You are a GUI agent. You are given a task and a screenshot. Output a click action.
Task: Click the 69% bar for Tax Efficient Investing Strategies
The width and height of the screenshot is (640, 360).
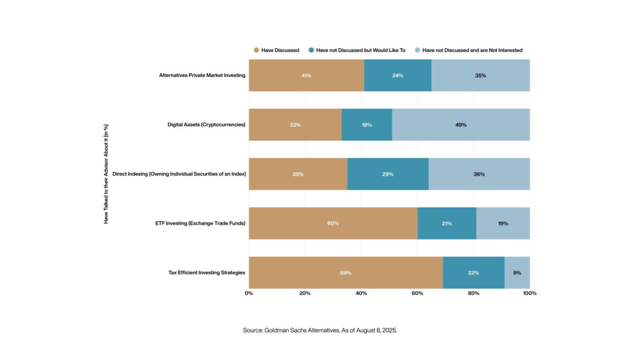click(x=346, y=272)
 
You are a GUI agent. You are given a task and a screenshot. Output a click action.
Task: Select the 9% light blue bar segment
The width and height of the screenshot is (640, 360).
click(x=517, y=272)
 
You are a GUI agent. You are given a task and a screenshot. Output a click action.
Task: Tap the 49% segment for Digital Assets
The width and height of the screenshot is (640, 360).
click(x=461, y=124)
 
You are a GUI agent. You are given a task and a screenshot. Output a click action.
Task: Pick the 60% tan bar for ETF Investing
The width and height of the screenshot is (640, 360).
click(x=333, y=223)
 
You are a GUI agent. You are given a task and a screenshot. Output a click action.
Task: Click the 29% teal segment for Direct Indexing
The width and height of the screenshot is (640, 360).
click(x=387, y=174)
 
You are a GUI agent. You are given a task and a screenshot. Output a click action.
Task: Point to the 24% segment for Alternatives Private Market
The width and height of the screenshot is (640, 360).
click(x=397, y=75)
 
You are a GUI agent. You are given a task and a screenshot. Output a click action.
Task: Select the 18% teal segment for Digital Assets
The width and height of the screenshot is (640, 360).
click(x=367, y=124)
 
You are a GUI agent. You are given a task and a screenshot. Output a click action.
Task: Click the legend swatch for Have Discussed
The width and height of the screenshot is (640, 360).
click(x=256, y=49)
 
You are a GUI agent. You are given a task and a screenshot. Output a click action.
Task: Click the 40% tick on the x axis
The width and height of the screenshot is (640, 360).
click(x=361, y=292)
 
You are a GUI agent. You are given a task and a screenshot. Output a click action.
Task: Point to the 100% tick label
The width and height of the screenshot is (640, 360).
click(x=529, y=292)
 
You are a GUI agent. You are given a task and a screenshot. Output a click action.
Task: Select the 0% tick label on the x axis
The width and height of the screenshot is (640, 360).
click(x=249, y=292)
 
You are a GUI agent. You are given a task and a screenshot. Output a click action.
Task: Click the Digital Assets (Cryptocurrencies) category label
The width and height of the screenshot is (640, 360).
click(x=202, y=124)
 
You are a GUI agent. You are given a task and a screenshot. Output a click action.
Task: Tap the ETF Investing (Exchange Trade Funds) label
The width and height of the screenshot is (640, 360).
click(x=199, y=223)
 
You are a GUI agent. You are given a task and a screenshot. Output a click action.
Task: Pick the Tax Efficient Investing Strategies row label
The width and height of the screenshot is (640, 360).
click(x=206, y=272)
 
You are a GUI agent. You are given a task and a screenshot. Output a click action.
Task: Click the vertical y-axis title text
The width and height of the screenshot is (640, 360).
click(x=106, y=174)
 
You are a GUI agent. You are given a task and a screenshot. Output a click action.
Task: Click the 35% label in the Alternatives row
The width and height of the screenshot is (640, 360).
click(x=480, y=75)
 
